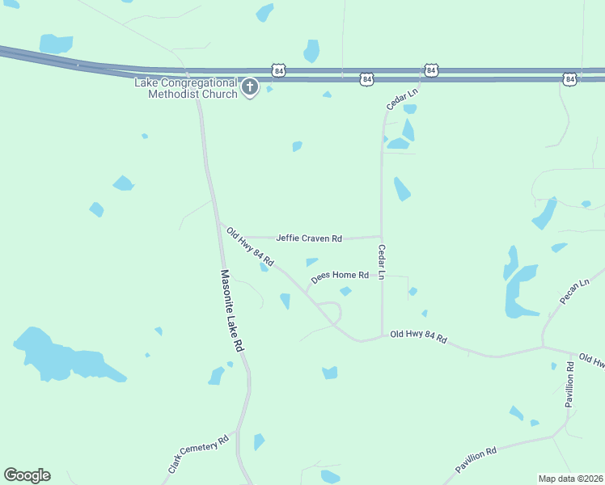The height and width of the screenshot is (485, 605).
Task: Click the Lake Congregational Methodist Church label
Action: click(186, 88)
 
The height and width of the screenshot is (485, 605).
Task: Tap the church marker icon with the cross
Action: click(250, 86)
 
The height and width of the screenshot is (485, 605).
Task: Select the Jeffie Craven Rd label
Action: click(309, 238)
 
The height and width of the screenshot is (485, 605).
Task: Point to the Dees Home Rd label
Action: click(340, 276)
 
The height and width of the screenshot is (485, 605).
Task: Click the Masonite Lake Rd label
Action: click(232, 310)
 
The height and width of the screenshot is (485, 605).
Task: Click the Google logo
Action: click(27, 475)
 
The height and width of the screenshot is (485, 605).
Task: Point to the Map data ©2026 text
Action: click(570, 479)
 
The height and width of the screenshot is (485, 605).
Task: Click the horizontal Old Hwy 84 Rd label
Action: click(418, 335)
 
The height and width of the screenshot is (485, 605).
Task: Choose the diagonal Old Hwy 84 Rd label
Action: click(250, 247)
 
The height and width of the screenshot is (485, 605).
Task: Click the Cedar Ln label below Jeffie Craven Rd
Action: click(381, 264)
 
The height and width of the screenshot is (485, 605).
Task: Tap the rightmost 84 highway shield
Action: click(570, 78)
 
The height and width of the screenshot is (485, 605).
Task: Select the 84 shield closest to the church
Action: click(279, 71)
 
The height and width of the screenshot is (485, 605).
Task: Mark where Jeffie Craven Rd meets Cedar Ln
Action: click(382, 237)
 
